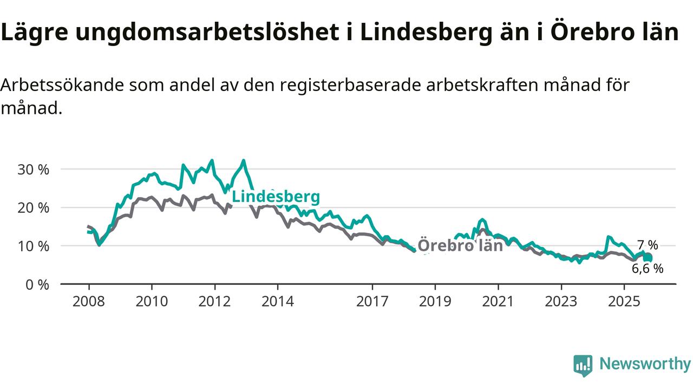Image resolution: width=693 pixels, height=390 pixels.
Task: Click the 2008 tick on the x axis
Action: pos(89,301)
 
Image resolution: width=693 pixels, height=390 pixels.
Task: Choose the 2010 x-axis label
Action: pos(152,301)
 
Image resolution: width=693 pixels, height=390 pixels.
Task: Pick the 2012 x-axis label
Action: pos(215,301)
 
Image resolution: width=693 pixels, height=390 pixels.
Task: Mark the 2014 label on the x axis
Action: pos(278,301)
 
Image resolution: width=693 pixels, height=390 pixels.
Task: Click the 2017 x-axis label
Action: pos(372,301)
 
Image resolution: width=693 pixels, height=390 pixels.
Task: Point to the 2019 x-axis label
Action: pos(435,301)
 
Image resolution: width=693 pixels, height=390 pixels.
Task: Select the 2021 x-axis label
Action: pos(498,301)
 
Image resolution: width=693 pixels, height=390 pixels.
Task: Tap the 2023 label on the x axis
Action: pos(561,301)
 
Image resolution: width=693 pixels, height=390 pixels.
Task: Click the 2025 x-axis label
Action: pos(624,301)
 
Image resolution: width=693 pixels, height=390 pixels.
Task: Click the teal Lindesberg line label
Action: pos(276,197)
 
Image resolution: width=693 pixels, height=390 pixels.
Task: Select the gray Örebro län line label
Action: pos(461,246)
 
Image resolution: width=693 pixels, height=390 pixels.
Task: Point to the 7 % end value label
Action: pos(648,245)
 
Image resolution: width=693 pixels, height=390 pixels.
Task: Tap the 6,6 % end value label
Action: pos(648,268)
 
